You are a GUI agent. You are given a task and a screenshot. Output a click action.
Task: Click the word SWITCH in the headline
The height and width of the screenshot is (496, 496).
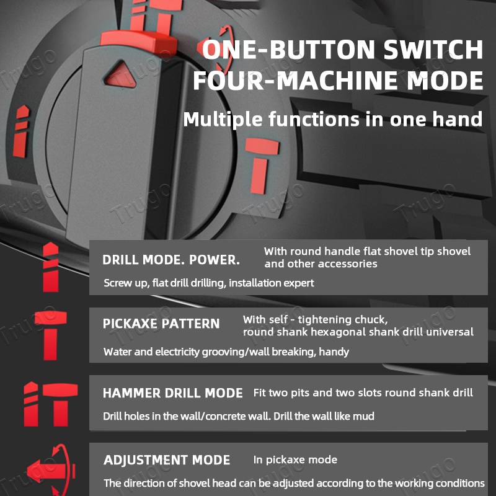(x=433, y=50)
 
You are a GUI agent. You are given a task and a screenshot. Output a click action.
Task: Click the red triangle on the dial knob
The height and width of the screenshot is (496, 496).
(x=120, y=76)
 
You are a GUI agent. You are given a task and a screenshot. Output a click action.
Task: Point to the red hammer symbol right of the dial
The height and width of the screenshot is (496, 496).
(x=261, y=166)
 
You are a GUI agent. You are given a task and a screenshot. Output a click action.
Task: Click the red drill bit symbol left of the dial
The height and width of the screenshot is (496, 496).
(x=21, y=131)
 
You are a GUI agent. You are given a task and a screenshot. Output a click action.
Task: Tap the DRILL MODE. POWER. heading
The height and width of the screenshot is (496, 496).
(x=171, y=260)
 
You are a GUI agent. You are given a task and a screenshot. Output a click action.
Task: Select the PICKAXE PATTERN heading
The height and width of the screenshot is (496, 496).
(x=161, y=324)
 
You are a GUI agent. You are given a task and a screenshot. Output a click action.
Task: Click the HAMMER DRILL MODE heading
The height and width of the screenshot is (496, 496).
(x=173, y=393)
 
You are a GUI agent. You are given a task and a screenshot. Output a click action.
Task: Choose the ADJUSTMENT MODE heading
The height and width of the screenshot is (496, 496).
(x=167, y=460)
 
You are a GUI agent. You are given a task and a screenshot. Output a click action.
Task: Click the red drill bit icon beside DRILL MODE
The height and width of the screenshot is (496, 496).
(x=51, y=267)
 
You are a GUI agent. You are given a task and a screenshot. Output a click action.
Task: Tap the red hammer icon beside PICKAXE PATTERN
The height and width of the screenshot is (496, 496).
(x=51, y=335)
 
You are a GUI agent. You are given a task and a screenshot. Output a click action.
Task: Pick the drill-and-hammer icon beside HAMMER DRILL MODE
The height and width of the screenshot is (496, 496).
(x=51, y=404)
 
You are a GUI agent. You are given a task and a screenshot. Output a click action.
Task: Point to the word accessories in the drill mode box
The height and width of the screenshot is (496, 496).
(x=348, y=264)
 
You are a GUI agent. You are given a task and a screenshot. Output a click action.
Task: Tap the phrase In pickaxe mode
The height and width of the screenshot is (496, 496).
(x=295, y=460)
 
